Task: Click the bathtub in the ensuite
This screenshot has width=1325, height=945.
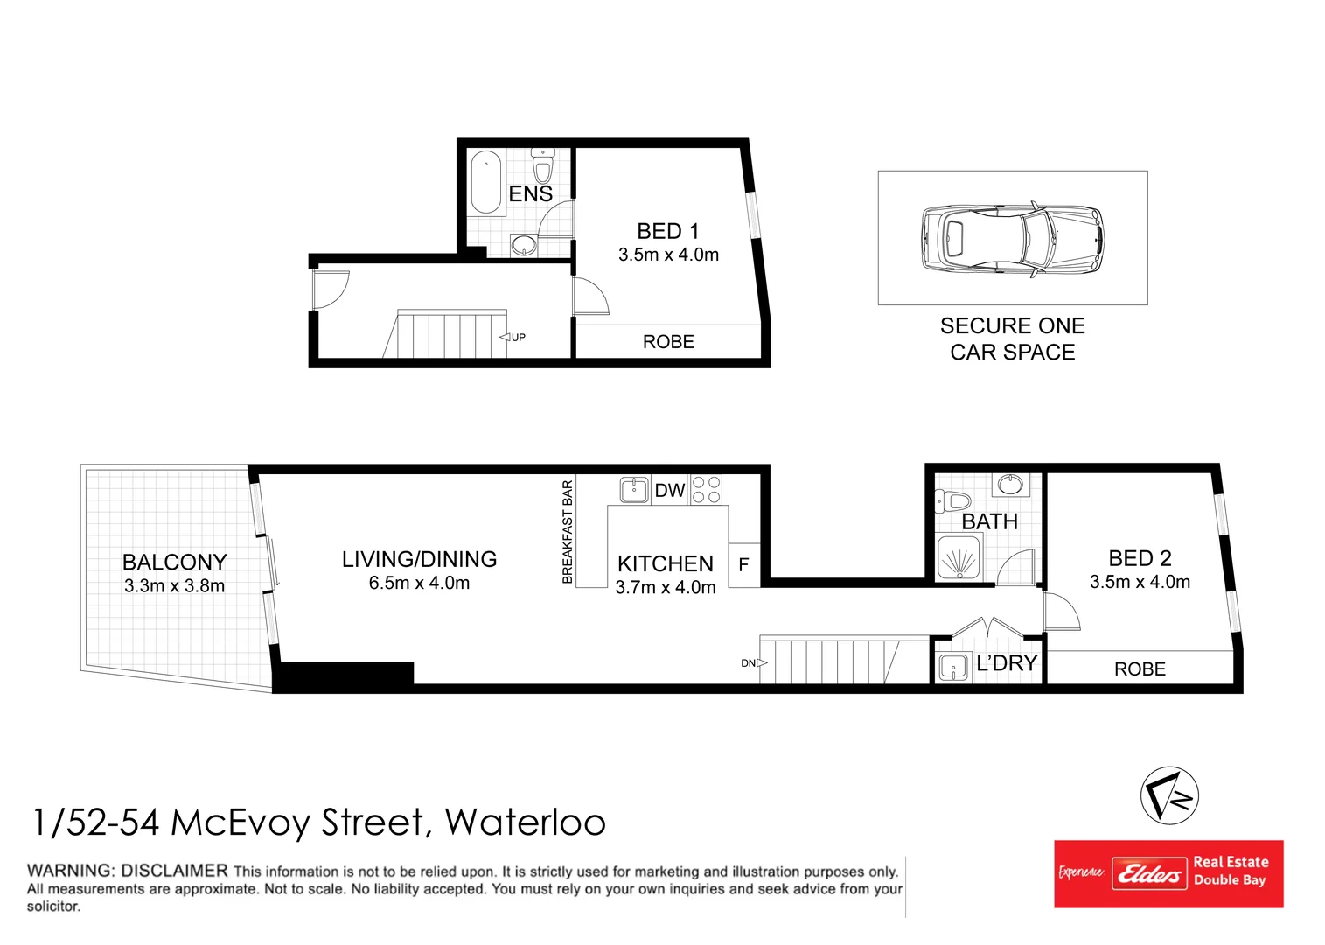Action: coord(486,182)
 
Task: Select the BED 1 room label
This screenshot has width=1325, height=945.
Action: coord(667,231)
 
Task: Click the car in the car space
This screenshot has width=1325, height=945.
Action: coord(1012,239)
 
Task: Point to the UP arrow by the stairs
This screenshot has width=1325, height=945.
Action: coord(513,338)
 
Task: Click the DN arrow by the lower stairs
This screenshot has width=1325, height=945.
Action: coord(754,663)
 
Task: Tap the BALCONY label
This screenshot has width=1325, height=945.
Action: coord(174,562)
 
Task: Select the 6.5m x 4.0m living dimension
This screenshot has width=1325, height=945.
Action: coord(419,583)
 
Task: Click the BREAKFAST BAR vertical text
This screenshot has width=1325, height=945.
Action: coord(568,532)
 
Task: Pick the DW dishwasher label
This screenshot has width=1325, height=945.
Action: coord(669,491)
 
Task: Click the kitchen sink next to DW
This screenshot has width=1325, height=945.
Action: coord(633,490)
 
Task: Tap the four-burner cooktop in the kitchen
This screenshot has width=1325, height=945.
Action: coord(706,490)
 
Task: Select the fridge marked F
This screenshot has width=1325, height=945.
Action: coord(743,565)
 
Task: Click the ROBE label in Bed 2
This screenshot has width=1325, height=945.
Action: coord(1139,669)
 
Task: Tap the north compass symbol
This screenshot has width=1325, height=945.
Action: coord(1169,795)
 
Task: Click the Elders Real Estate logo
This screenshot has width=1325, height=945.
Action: coord(1168,873)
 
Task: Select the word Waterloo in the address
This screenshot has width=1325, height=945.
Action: coord(525,822)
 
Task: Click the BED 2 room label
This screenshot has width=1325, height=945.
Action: coord(1139,558)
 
